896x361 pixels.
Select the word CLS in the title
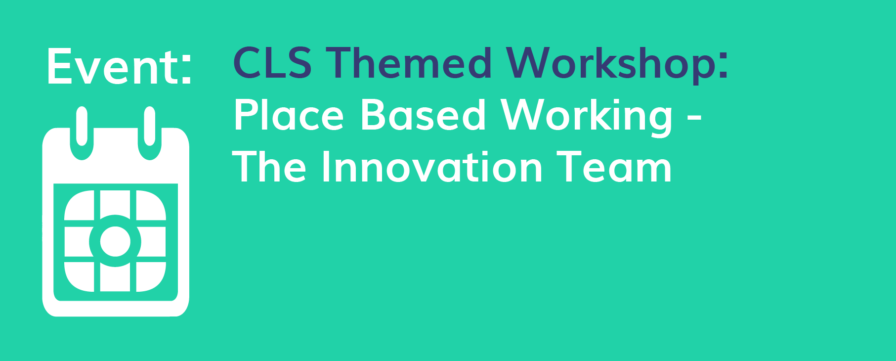(x=272, y=63)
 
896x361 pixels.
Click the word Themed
(x=408, y=63)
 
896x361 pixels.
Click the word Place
(x=289, y=115)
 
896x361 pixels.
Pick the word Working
(x=587, y=117)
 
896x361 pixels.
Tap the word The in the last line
(x=270, y=167)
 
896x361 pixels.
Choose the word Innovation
(x=433, y=167)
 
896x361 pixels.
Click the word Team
(x=614, y=167)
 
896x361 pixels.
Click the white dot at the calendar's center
(x=115, y=241)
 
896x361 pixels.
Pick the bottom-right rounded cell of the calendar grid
(x=151, y=277)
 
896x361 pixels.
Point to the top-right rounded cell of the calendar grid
(x=151, y=205)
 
